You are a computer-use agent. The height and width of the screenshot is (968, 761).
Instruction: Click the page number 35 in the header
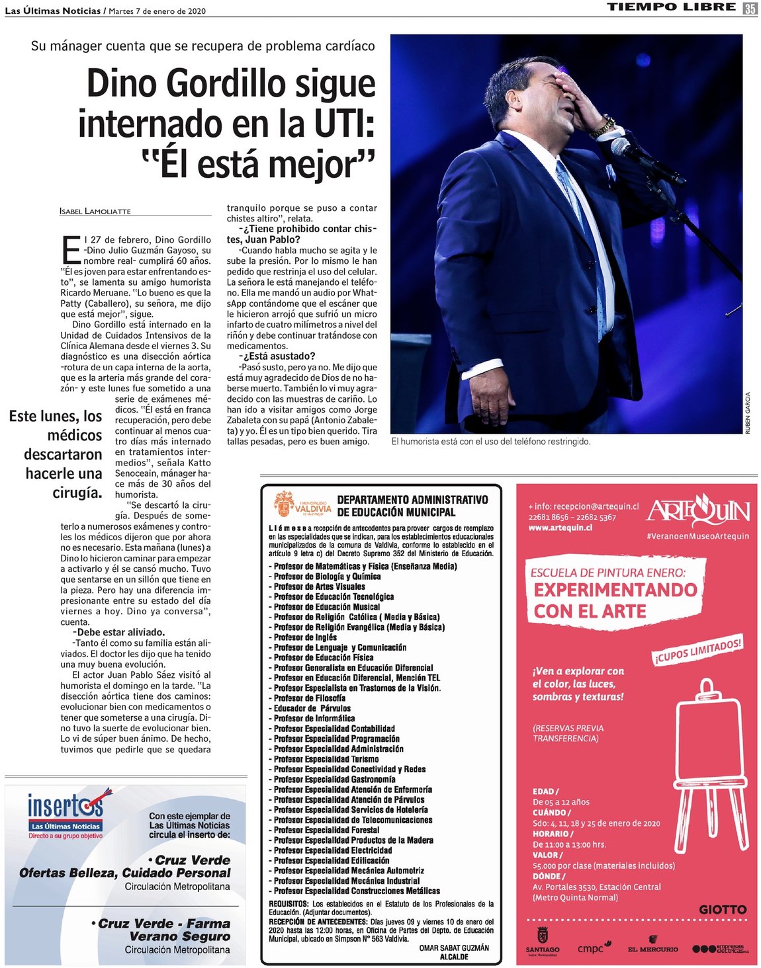coord(749,8)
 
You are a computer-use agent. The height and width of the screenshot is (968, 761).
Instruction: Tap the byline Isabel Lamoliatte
coord(95,211)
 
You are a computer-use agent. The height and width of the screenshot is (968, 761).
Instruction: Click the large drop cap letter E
coord(71,249)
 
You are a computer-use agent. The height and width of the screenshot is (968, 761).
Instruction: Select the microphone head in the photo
coord(623,147)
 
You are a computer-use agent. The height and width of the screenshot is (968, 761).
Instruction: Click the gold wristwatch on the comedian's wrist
coord(602,126)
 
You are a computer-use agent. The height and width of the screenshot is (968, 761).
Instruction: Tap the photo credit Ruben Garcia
coord(748,413)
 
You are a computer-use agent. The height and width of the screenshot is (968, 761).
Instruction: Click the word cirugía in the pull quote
coord(77,493)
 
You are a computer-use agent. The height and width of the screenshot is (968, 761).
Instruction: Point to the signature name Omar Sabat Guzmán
coord(454,948)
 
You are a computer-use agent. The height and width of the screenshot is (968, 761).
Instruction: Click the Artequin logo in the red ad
coord(697,510)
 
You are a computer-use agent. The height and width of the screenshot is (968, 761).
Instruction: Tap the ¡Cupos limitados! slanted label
coord(697,650)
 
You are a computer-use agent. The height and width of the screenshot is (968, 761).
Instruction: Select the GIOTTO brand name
coord(723,910)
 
